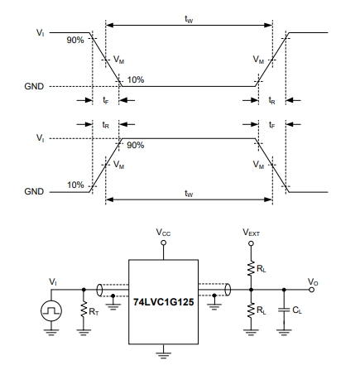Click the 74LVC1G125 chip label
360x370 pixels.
(163, 302)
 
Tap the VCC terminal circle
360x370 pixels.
(164, 243)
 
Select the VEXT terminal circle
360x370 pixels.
(251, 243)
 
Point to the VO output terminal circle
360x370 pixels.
(311, 290)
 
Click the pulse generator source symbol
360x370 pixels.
(51, 310)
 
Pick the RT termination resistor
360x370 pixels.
(84, 310)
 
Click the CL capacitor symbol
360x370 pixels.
(284, 310)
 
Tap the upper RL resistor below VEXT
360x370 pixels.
(251, 267)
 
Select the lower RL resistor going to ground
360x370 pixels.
(251, 310)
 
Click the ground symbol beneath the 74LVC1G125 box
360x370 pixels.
(163, 355)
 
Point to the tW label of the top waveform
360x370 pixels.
(189, 19)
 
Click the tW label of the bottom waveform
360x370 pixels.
(189, 194)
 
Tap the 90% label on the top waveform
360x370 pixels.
(75, 40)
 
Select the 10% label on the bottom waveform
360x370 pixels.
(75, 185)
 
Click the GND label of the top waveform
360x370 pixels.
(34, 86)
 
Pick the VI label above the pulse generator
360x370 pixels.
(53, 281)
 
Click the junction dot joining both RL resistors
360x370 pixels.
(251, 290)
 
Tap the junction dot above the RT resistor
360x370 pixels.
(84, 290)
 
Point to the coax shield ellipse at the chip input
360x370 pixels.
(99, 290)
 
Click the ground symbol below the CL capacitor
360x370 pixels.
(284, 332)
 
